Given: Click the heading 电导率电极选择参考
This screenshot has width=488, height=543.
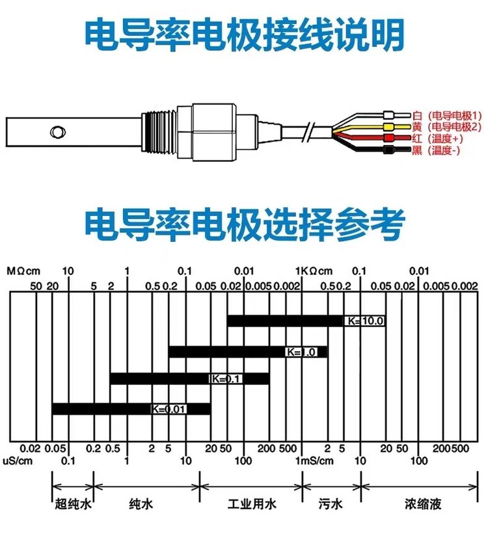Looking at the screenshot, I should [244, 223].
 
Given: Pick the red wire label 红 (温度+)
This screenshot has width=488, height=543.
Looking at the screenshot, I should [437, 139].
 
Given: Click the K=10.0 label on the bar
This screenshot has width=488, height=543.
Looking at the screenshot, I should [364, 321].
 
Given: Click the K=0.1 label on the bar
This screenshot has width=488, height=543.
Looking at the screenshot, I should [225, 378].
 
